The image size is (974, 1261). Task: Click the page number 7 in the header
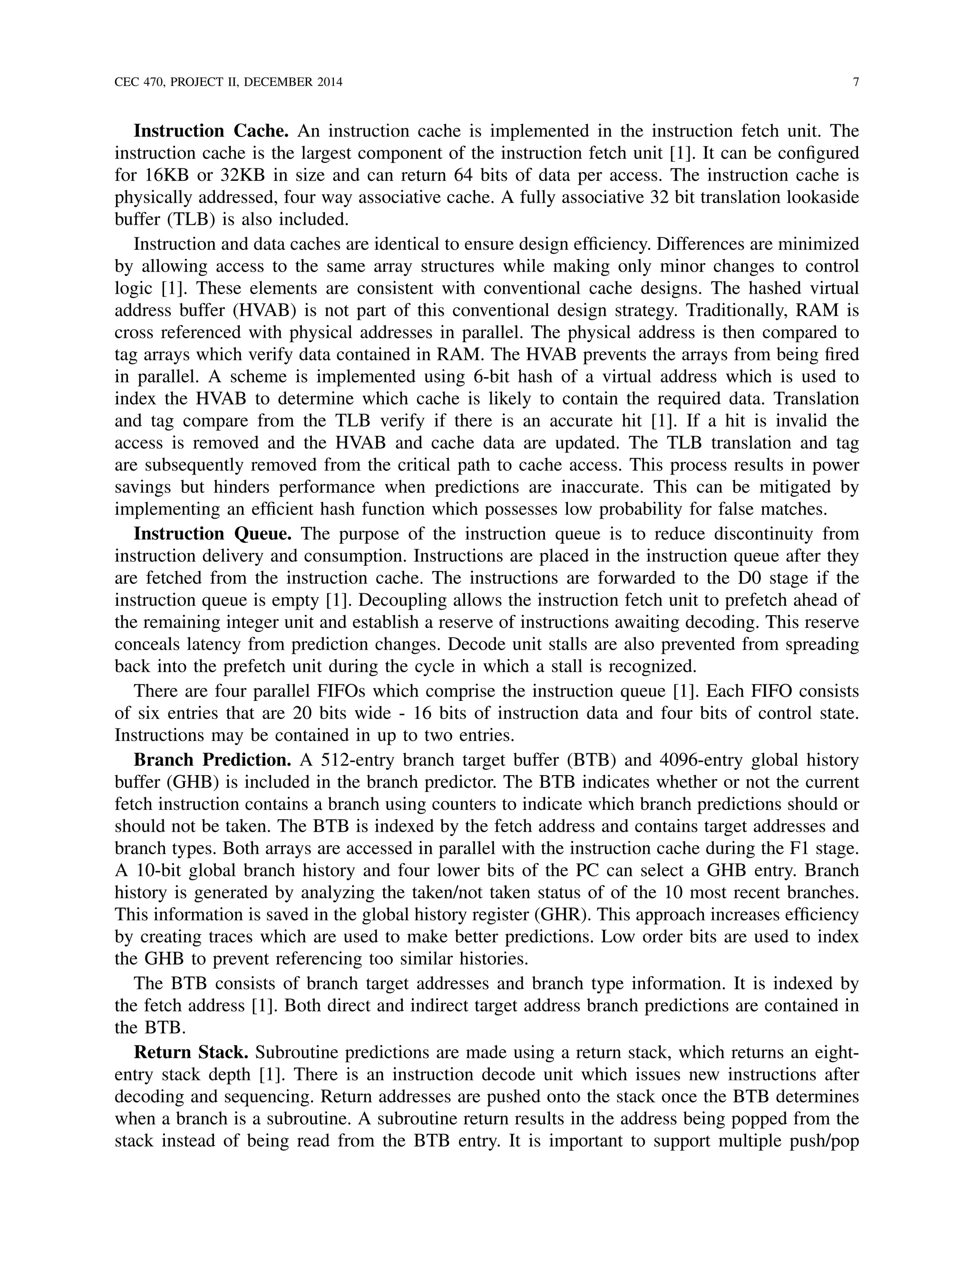coord(856,82)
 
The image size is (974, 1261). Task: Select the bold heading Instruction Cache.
coord(211,131)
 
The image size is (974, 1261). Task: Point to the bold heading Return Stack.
coord(191,1053)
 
